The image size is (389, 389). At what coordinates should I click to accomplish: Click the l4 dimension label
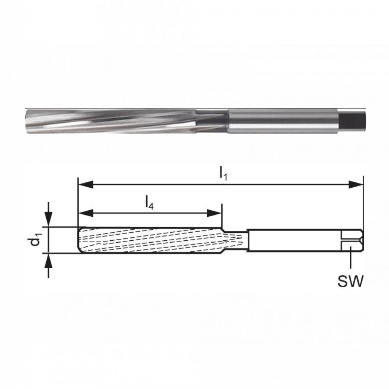[150, 203]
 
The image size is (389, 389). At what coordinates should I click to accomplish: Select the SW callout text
[351, 281]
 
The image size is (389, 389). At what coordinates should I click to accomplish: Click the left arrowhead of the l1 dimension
[85, 184]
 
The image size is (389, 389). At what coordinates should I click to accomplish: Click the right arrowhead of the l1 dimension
[356, 184]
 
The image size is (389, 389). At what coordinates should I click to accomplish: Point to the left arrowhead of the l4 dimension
[85, 213]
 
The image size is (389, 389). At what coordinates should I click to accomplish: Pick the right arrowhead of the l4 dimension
[214, 213]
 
